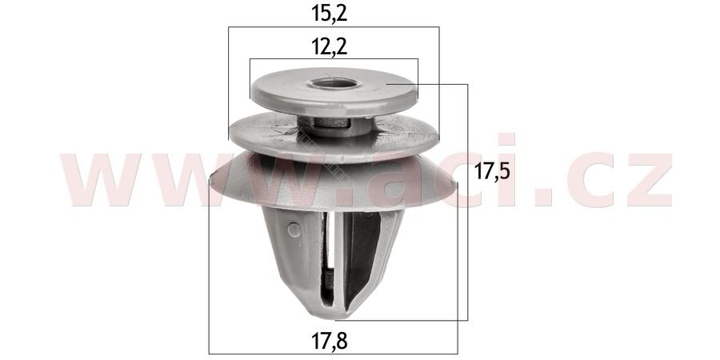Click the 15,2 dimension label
coord(330,14)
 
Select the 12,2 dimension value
coord(330,47)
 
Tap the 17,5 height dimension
coord(492,172)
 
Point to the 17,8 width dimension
coord(330,341)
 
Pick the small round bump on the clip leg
coord(294,230)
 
